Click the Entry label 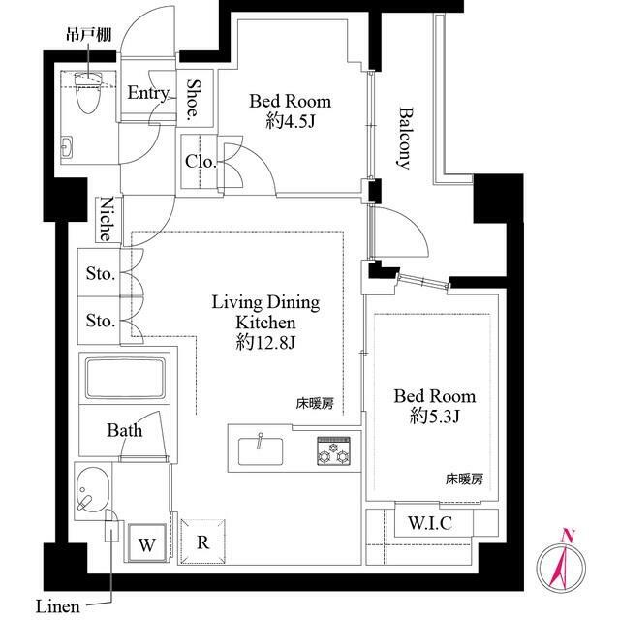click(x=148, y=93)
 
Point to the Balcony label click(x=405, y=138)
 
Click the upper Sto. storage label click(x=100, y=274)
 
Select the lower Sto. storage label click(x=100, y=321)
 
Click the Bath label click(x=125, y=429)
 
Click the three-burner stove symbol click(x=332, y=450)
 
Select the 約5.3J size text click(x=434, y=417)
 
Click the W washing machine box click(x=146, y=542)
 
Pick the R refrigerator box click(x=202, y=542)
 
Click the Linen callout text click(x=58, y=606)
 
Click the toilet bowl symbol click(x=88, y=95)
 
